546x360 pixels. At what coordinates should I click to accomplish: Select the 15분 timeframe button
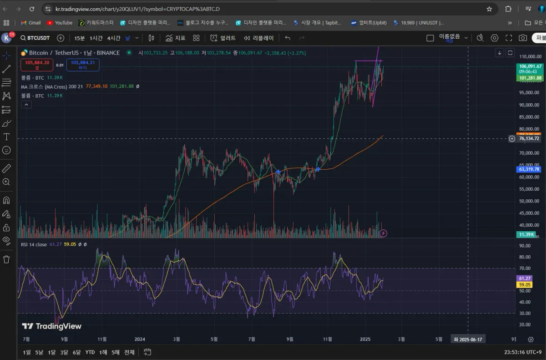(x=80, y=38)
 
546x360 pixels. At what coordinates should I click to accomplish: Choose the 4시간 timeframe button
(x=114, y=38)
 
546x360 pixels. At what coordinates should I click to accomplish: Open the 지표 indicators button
(x=176, y=38)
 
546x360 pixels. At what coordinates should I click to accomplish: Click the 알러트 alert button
(x=223, y=38)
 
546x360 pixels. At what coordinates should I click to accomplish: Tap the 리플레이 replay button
(x=258, y=38)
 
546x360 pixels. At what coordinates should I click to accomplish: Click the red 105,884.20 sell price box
(x=37, y=65)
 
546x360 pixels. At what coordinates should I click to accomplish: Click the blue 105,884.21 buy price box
(x=83, y=65)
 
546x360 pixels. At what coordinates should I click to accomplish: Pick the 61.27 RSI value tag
(x=525, y=279)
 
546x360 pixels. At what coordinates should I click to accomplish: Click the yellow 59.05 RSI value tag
(x=525, y=285)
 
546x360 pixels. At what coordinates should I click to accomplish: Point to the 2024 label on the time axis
(x=140, y=339)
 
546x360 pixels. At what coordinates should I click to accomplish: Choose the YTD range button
(x=90, y=352)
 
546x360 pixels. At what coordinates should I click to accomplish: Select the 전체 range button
(x=129, y=352)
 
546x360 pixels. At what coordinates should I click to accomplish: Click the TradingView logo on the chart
(x=52, y=326)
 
